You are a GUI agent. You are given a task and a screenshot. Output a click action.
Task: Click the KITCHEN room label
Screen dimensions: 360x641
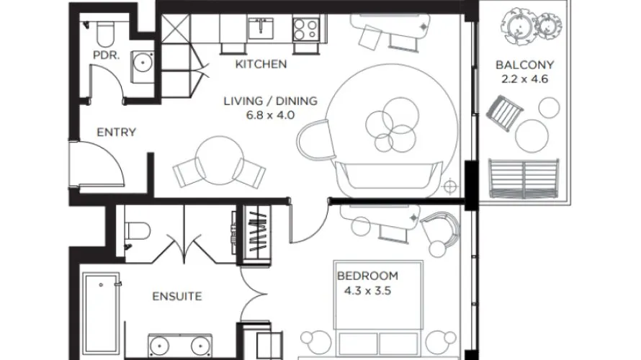tap(261, 65)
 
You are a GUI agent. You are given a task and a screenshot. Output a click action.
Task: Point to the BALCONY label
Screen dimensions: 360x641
tap(521, 65)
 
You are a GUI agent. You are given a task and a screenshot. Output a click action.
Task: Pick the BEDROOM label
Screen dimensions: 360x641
tap(367, 276)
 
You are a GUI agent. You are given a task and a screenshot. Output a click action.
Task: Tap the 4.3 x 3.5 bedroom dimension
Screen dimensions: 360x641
tap(367, 291)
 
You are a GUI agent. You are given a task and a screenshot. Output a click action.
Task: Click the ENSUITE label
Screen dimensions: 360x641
tap(176, 296)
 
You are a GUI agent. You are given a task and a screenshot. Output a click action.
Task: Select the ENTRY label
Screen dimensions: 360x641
tap(116, 132)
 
